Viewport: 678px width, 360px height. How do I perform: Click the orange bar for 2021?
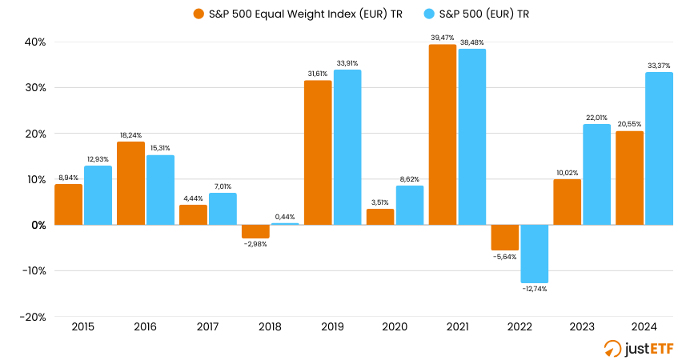pyautogui.click(x=442, y=134)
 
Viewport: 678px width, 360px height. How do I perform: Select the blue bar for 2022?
pyautogui.click(x=534, y=254)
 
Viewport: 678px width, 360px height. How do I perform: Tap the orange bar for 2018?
pyautogui.click(x=255, y=231)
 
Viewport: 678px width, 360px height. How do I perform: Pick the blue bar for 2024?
pyautogui.click(x=659, y=149)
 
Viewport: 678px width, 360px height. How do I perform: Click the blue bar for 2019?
pyautogui.click(x=347, y=147)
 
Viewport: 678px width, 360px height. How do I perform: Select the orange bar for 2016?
pyautogui.click(x=130, y=183)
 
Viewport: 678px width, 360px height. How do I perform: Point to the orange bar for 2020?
pyautogui.click(x=380, y=217)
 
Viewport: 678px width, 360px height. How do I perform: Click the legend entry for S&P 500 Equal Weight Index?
pyautogui.click(x=297, y=14)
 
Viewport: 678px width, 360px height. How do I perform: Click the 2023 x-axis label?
pyautogui.click(x=581, y=328)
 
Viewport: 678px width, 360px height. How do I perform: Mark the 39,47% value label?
pyautogui.click(x=443, y=37)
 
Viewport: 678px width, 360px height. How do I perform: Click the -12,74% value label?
pyautogui.click(x=534, y=289)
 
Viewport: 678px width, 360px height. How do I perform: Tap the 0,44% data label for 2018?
pyautogui.click(x=285, y=216)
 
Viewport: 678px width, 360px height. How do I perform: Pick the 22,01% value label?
pyautogui.click(x=596, y=118)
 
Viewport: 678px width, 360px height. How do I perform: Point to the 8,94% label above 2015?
pyautogui.click(x=69, y=178)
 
